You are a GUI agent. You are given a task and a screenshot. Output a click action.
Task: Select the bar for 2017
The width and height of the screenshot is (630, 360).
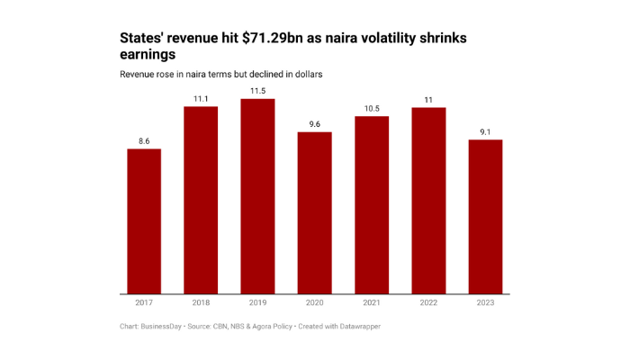tap(144, 221)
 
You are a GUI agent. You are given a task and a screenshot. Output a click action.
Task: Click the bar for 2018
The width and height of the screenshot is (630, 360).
tap(201, 200)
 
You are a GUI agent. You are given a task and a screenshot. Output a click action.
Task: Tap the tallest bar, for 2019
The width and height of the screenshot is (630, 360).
tap(257, 196)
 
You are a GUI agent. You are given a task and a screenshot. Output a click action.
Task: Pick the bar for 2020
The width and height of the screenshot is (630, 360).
tap(315, 212)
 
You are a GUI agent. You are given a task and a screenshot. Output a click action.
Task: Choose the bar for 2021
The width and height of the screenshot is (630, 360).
tap(372, 205)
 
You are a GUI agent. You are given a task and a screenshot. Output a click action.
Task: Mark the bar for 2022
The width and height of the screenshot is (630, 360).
tap(428, 201)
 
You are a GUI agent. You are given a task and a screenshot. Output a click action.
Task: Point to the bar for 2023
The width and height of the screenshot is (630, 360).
tap(485, 217)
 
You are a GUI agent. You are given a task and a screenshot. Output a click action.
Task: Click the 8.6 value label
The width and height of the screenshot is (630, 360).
tap(144, 141)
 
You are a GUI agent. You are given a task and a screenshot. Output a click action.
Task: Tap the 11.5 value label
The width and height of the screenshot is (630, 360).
tap(257, 91)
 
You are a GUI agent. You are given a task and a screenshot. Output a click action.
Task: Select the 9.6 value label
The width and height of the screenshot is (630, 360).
tap(315, 124)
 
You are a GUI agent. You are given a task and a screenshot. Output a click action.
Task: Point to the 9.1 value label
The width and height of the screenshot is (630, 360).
tap(485, 132)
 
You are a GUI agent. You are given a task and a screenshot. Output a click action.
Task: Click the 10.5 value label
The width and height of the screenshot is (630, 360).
tap(372, 108)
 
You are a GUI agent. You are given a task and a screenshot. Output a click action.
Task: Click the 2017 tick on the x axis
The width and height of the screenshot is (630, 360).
tap(144, 302)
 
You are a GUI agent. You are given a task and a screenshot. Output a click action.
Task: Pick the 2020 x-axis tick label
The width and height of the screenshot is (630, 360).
tap(315, 302)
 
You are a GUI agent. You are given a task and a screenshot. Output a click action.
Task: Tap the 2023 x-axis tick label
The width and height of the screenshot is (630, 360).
tap(485, 302)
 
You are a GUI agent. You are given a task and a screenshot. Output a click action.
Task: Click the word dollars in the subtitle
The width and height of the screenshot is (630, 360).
tap(303, 73)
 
